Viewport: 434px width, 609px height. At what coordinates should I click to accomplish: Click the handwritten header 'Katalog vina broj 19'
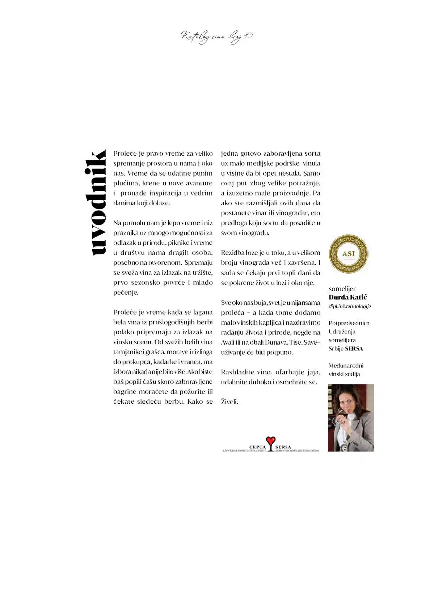(x=217, y=37)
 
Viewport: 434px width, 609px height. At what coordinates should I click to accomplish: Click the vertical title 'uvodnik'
(x=95, y=202)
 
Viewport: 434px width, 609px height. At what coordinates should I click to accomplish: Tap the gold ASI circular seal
(x=348, y=253)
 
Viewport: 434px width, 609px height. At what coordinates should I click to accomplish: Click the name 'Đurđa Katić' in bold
(x=347, y=297)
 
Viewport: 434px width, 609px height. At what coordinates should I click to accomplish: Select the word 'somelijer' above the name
(x=342, y=289)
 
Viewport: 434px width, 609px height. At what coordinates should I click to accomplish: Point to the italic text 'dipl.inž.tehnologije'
(x=350, y=306)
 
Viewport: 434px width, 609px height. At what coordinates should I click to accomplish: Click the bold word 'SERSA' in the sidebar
(x=354, y=349)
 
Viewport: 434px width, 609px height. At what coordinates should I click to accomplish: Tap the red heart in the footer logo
(x=270, y=441)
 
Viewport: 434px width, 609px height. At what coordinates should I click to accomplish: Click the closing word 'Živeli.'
(x=229, y=402)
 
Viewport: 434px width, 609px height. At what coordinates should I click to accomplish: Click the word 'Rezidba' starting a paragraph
(x=232, y=253)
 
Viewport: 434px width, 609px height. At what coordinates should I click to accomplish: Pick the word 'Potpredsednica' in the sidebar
(x=349, y=323)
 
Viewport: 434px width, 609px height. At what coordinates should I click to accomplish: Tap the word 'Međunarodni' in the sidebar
(x=346, y=366)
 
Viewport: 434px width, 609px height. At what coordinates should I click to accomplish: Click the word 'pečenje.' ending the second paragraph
(x=126, y=292)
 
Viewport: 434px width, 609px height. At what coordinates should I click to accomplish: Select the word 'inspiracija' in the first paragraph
(x=165, y=193)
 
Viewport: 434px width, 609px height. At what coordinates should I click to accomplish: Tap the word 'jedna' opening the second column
(x=229, y=154)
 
